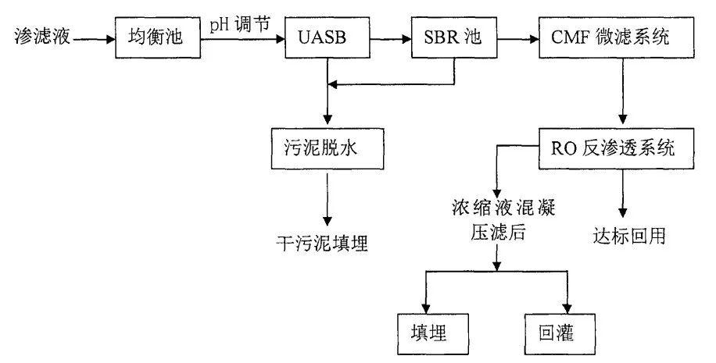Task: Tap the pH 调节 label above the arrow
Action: (240, 24)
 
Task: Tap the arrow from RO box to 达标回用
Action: (623, 191)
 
